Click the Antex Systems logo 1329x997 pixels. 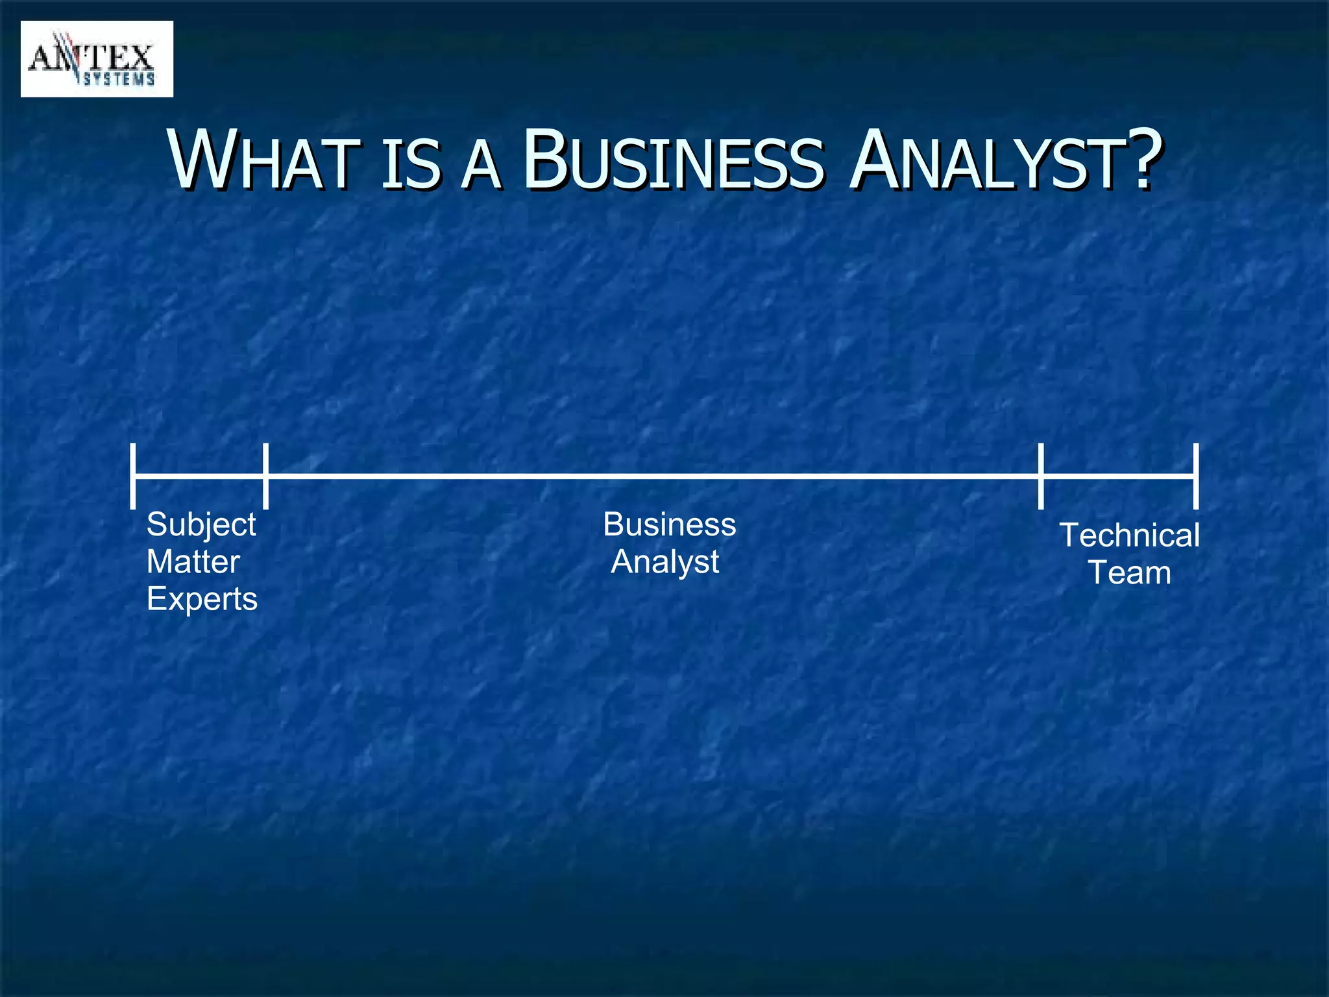click(x=97, y=59)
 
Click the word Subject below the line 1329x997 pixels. click(x=201, y=524)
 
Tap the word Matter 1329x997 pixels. click(x=193, y=561)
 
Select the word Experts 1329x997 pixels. click(x=202, y=599)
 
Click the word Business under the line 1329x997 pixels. click(x=670, y=524)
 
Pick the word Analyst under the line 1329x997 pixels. click(x=665, y=562)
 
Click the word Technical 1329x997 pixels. click(x=1130, y=535)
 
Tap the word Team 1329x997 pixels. click(x=1130, y=573)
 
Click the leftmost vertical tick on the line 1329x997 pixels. click(x=133, y=476)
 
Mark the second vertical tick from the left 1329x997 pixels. click(x=265, y=476)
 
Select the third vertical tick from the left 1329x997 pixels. click(x=1041, y=476)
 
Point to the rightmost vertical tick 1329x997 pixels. click(x=1196, y=476)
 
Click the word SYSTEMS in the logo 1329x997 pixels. click(x=119, y=80)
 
